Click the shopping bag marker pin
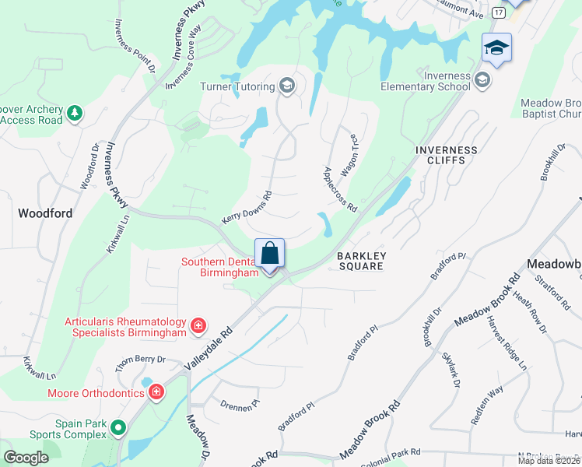tap(270, 254)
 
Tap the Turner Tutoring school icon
tap(287, 86)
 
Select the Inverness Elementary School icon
tap(482, 80)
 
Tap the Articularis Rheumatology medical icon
tap(198, 325)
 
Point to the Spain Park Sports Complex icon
tap(117, 427)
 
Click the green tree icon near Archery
tap(75, 114)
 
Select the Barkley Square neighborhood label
tap(360, 261)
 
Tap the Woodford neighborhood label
tap(45, 213)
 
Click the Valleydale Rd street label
tap(209, 347)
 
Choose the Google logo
tap(26, 458)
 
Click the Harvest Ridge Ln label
tap(507, 342)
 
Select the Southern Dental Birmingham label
tap(219, 268)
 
